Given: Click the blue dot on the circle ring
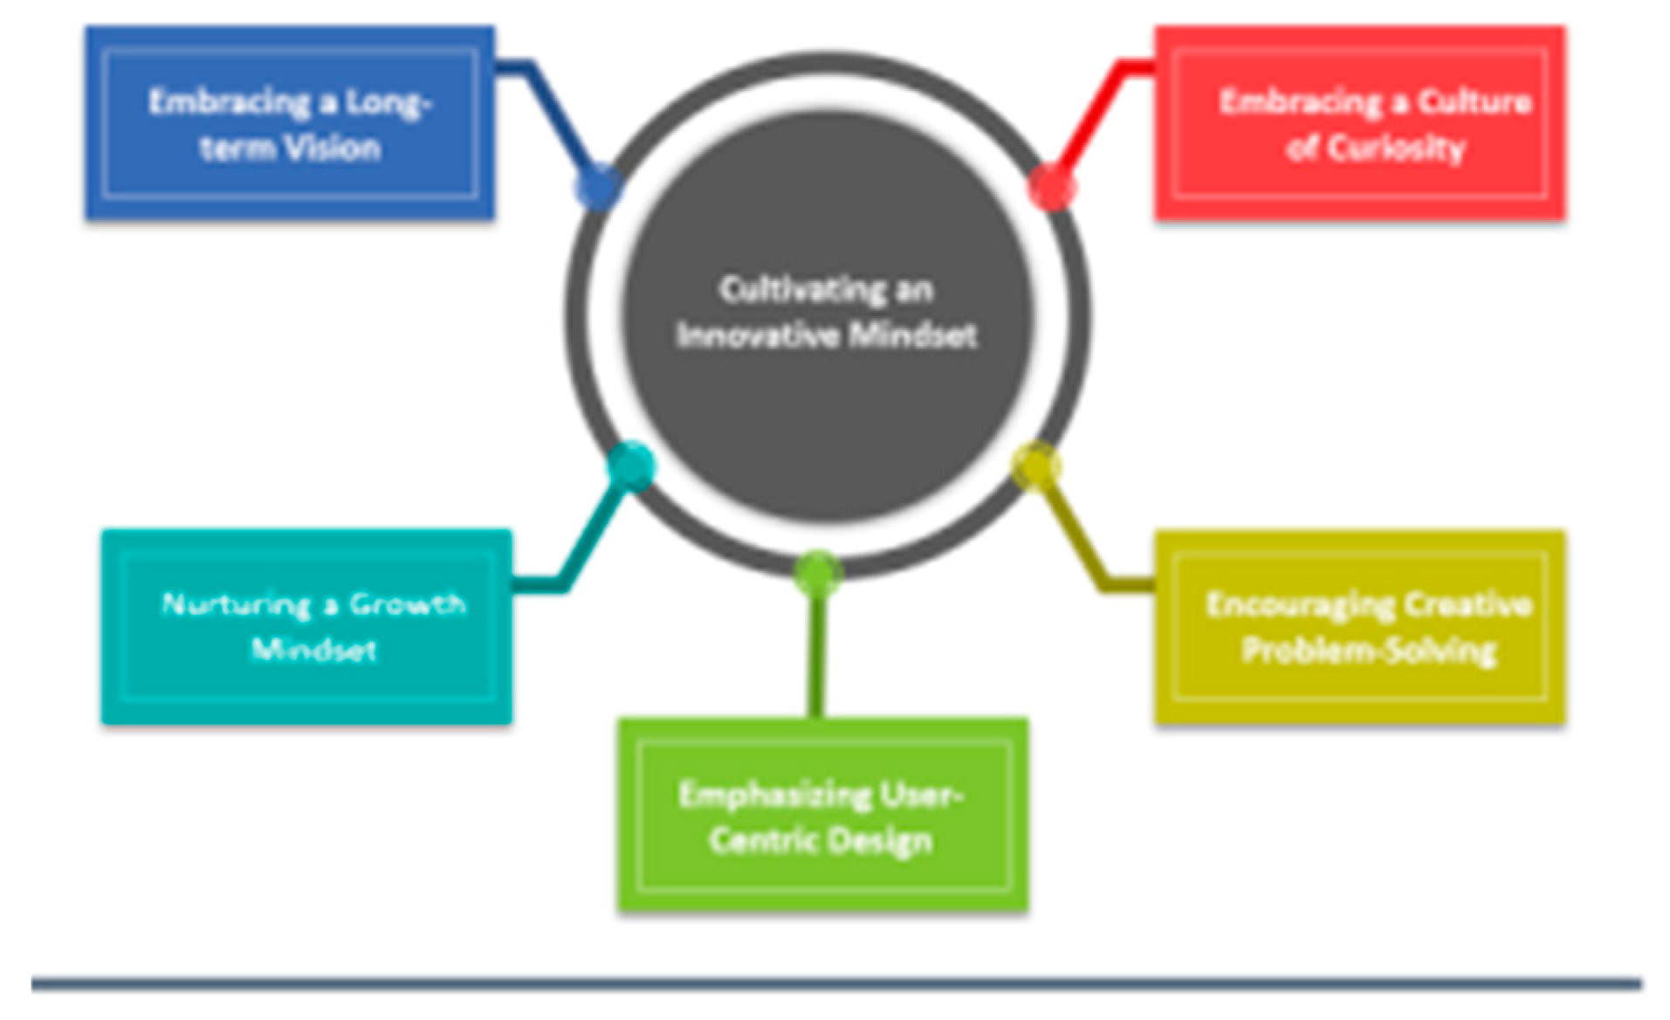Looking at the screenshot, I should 598,186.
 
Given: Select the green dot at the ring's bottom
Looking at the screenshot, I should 817,572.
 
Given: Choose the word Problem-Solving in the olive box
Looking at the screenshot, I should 1369,651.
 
